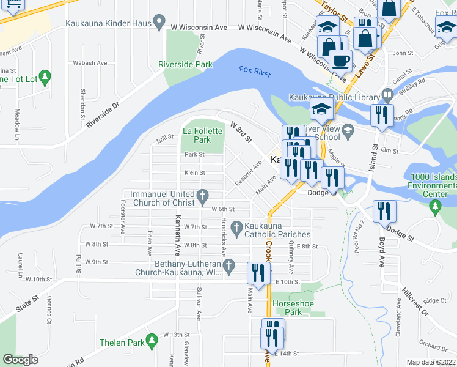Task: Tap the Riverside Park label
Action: tap(185, 64)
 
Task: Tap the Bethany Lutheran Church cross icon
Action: tap(229, 265)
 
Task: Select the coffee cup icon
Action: tap(340, 61)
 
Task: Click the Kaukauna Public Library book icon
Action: tap(387, 95)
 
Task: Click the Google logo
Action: tap(20, 360)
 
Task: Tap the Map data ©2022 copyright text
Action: tap(431, 362)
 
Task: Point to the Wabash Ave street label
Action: tap(90, 63)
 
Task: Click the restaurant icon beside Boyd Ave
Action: tap(385, 212)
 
